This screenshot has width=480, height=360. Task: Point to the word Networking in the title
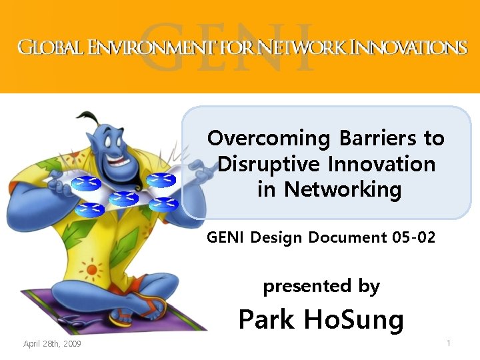343,189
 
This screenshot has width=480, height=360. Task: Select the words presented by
321,287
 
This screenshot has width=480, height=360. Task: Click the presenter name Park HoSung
321,320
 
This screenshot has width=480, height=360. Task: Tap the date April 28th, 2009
52,344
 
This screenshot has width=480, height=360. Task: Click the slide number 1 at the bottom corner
449,343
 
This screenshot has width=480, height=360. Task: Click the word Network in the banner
303,47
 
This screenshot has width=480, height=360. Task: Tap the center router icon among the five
123,197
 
